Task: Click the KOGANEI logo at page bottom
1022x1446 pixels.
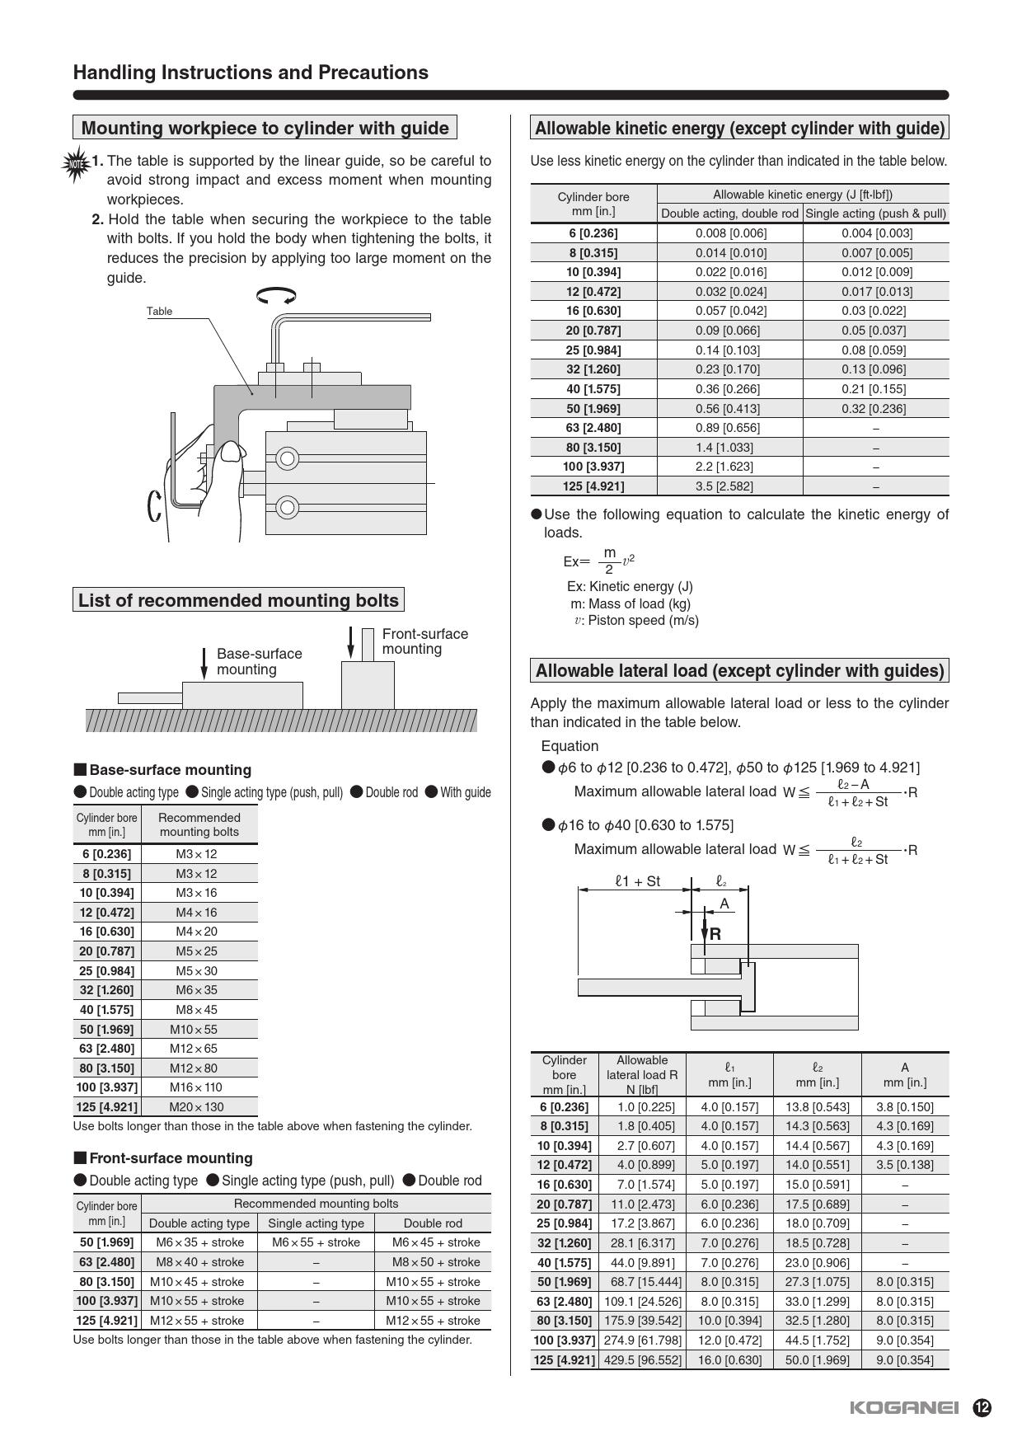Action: [903, 1407]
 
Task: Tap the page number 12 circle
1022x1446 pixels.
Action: [982, 1407]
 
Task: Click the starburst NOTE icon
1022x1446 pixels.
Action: [76, 163]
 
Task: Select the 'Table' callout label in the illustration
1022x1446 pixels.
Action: [159, 312]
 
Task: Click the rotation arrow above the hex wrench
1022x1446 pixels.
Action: [276, 295]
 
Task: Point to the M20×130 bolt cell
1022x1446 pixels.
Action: [196, 1107]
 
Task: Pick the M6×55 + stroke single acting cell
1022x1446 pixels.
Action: [316, 1242]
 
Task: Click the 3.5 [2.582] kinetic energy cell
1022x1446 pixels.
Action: [724, 486]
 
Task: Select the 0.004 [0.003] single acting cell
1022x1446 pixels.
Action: [876, 233]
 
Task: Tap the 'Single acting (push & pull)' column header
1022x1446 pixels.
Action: [875, 214]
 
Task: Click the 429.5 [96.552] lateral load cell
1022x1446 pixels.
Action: [642, 1360]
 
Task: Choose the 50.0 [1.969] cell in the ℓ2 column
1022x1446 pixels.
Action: [817, 1360]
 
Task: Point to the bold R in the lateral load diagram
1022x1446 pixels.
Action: [715, 934]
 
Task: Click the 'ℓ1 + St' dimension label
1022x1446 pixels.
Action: [637, 881]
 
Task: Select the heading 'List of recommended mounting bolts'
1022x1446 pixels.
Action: [238, 600]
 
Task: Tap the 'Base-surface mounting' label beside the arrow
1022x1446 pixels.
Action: [259, 661]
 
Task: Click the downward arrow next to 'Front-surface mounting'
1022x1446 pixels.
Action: [351, 643]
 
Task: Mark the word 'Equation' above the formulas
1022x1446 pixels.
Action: [570, 746]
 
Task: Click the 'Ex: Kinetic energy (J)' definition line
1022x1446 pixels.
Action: [630, 587]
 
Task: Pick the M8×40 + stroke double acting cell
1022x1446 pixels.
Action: [199, 1262]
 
